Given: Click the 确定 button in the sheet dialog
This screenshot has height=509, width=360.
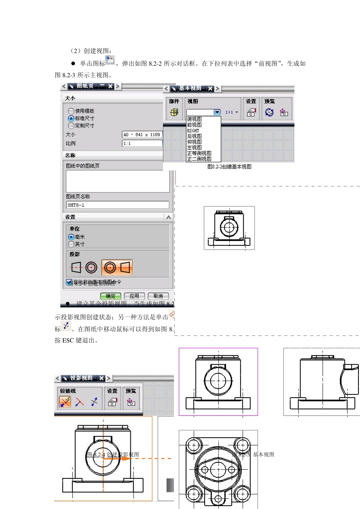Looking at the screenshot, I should [111, 296].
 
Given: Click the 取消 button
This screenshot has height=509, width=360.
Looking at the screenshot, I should [158, 296].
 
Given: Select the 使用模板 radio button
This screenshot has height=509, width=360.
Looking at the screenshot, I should [71, 111].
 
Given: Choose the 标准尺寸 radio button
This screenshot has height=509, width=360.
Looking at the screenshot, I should [71, 118].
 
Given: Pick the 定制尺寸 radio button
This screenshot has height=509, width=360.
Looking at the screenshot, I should [71, 125].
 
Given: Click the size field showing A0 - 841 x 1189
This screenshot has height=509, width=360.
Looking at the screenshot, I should [142, 134].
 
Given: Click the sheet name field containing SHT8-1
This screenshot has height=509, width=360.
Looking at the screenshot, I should [117, 205].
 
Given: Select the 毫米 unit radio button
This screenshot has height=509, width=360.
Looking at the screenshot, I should [71, 237].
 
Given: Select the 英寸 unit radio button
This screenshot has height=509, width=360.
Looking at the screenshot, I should [71, 244].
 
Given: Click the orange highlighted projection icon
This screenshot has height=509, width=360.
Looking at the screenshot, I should [117, 268].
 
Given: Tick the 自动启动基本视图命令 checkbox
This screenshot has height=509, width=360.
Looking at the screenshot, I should [69, 282].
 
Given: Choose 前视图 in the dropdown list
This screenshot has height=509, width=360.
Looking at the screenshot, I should [194, 125].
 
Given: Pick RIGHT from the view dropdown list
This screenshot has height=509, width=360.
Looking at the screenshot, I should [193, 131].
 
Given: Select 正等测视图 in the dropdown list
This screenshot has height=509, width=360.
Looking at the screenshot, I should [199, 153].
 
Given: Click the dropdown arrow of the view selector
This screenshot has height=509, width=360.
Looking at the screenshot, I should [217, 112].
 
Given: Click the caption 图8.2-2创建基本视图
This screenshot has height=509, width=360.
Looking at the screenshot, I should [229, 167].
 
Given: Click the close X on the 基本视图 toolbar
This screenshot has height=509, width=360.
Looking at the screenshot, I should [210, 89].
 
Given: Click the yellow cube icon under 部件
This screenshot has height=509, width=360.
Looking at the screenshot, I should [174, 112].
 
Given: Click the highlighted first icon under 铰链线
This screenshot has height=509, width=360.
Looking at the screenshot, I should [65, 402].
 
